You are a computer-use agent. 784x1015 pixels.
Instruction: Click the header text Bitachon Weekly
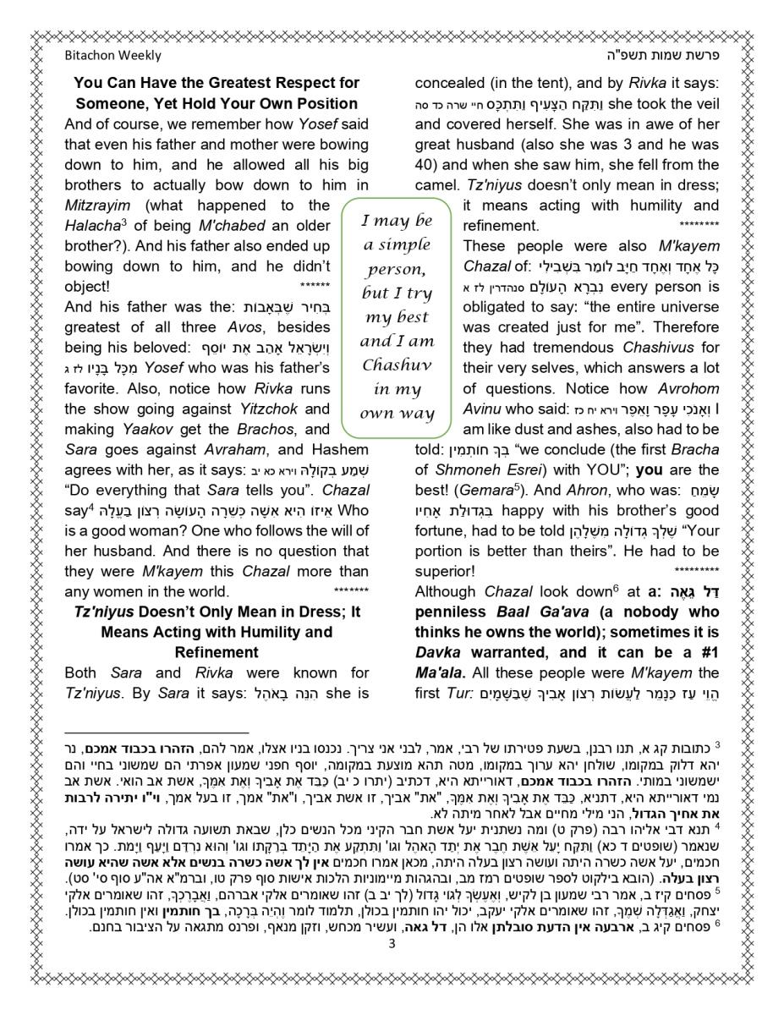point(112,56)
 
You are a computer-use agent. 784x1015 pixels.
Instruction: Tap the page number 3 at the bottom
point(392,945)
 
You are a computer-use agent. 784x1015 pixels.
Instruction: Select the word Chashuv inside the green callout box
point(397,365)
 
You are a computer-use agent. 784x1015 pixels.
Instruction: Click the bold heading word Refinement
point(217,652)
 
